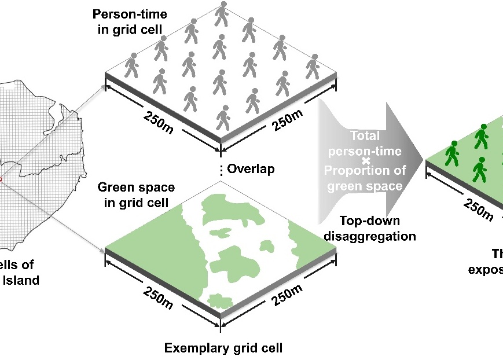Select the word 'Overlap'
click(251, 169)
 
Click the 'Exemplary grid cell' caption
click(223, 348)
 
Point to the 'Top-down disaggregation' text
click(370, 228)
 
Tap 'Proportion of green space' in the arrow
click(365, 178)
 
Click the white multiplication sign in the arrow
click(365, 160)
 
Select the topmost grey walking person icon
click(222, 14)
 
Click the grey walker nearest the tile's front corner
click(222, 117)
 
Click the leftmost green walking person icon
click(451, 153)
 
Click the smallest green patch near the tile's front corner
click(219, 300)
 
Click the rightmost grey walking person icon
click(313, 66)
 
